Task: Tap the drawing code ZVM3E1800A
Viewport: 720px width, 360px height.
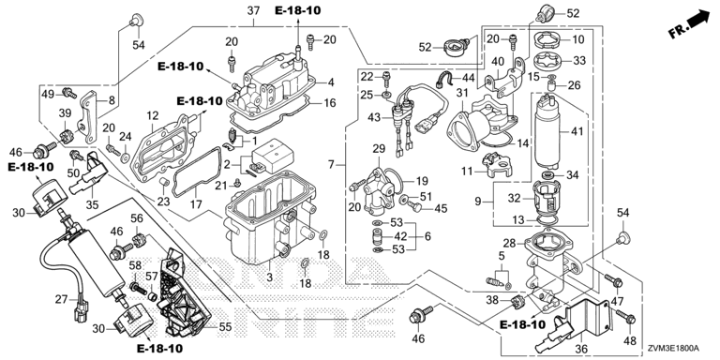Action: point(680,349)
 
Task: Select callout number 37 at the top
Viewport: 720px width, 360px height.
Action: point(253,11)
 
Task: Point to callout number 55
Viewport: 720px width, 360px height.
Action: point(225,327)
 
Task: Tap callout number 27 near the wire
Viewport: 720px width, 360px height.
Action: point(61,300)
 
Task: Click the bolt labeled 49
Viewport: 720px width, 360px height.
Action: point(69,93)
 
